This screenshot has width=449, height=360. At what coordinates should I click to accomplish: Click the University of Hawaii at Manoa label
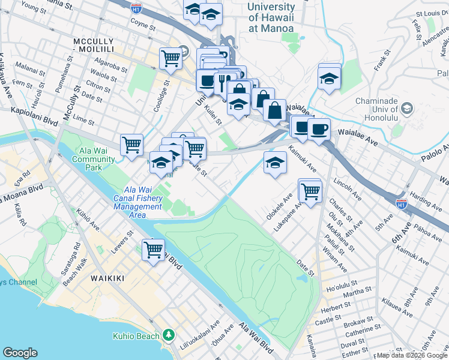tap(271, 18)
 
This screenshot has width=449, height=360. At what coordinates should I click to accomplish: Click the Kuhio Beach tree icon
tap(170, 335)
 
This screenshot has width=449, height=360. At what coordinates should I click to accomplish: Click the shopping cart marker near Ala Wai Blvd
tap(153, 249)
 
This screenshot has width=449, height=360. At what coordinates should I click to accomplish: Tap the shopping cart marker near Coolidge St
tap(170, 58)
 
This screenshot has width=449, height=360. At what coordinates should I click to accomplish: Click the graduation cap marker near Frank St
tap(329, 78)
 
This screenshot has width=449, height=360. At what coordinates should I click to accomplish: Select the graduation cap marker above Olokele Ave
tap(274, 163)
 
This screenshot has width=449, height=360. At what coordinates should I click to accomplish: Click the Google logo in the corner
tap(20, 352)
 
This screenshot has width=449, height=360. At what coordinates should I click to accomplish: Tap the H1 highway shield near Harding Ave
tap(402, 204)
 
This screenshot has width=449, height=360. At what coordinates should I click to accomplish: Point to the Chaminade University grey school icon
tap(408, 109)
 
